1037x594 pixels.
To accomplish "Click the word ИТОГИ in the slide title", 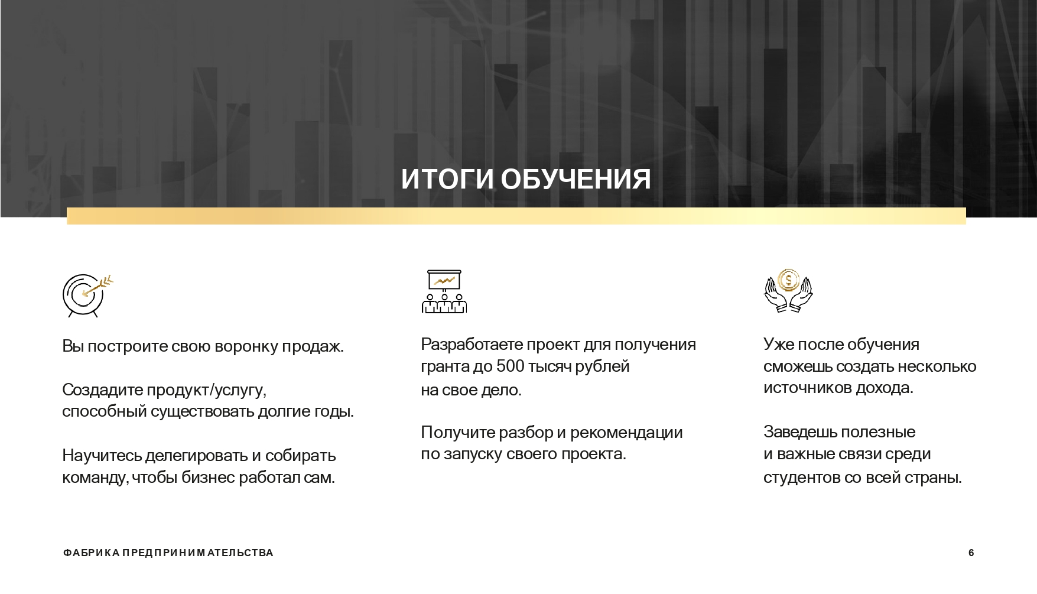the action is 447,179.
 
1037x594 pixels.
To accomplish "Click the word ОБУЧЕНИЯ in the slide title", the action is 576,179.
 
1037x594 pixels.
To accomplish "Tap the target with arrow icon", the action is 87,295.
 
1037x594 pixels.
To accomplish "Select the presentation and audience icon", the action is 444,291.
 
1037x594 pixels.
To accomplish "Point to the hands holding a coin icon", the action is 788,290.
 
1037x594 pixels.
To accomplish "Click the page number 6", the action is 971,553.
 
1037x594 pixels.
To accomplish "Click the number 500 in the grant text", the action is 511,366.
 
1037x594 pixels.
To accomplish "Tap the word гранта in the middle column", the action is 445,367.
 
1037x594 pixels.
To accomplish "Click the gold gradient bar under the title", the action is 516,216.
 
